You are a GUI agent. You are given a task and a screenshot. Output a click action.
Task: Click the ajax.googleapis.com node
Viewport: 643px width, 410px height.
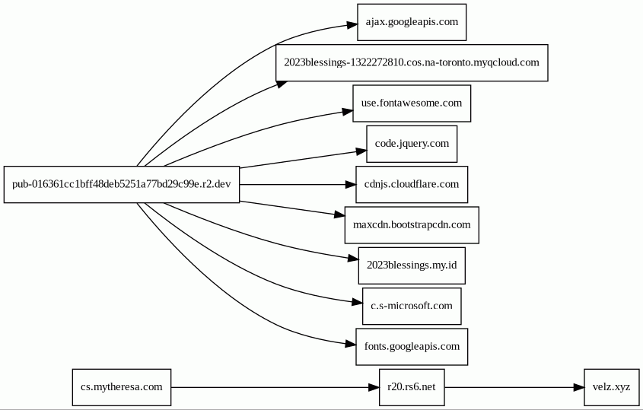412,23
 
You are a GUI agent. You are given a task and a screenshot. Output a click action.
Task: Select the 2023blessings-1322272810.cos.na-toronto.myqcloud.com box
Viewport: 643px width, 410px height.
412,62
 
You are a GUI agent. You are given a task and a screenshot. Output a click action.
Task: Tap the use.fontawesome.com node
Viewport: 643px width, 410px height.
412,103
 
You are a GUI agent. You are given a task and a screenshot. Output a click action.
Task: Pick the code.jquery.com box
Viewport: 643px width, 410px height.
412,144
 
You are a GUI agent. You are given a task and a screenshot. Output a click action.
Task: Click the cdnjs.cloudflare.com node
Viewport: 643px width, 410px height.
412,185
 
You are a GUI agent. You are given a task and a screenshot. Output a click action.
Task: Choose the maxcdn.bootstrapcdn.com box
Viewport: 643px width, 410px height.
412,225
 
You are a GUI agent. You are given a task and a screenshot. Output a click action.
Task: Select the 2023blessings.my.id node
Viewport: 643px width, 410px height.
412,265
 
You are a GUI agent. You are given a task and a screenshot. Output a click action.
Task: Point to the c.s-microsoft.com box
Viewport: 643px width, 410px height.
412,307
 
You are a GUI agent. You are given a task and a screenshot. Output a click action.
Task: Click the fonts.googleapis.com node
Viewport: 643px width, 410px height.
412,347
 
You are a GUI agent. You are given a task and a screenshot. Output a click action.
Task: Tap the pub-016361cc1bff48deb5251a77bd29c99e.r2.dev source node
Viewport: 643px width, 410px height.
122,185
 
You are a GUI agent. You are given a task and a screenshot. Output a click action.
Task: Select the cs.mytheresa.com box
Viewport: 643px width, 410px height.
122,387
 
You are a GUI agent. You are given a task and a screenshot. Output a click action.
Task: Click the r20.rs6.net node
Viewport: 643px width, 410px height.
412,387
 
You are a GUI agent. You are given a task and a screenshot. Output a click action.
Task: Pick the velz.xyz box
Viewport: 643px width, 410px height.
612,387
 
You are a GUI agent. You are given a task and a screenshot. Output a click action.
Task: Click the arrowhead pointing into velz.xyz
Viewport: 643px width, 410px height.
578,387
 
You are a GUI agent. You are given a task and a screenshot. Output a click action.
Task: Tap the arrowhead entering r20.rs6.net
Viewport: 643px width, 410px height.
374,387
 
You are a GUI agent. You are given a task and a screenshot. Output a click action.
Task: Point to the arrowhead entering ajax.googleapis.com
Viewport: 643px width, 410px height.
352,25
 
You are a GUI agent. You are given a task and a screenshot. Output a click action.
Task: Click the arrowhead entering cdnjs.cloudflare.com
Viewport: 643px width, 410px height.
351,185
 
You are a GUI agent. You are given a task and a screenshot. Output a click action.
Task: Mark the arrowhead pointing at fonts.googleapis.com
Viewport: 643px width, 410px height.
351,345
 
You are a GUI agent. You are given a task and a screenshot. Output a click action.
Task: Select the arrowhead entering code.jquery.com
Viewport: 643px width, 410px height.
361,151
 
